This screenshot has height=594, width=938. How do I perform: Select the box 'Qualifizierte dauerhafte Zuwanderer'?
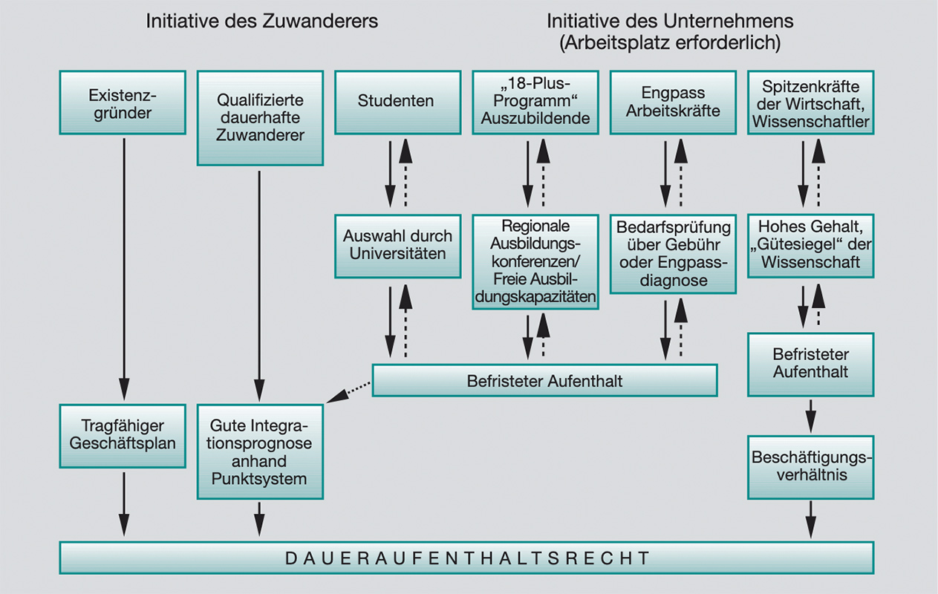(260, 117)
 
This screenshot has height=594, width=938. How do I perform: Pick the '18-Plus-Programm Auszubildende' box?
(535, 102)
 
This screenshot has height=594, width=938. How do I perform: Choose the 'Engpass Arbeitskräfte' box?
(673, 102)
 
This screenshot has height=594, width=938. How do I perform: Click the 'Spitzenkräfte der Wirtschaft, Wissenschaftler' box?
(810, 102)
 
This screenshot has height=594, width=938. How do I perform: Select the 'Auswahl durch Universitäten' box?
(397, 246)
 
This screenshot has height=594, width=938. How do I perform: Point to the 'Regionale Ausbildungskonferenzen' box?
(535, 261)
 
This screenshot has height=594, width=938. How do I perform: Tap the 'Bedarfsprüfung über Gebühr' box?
(673, 253)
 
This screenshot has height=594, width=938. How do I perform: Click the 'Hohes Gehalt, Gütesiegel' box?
(810, 246)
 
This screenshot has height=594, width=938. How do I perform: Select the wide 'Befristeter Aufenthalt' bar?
(544, 381)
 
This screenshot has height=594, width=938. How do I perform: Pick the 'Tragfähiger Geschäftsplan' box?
(123, 436)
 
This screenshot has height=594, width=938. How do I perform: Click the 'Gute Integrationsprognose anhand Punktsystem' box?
(260, 451)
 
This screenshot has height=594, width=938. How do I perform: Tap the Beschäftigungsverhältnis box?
(810, 467)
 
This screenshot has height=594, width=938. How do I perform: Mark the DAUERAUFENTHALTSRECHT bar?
(466, 558)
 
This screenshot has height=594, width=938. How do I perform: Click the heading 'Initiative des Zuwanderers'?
(261, 21)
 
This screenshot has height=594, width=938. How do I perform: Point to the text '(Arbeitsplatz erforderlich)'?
(669, 43)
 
